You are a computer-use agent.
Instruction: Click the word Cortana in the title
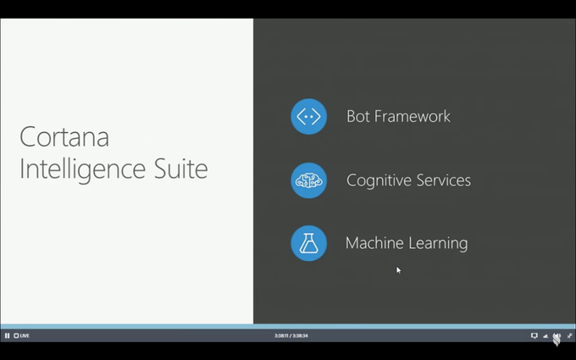click(x=64, y=136)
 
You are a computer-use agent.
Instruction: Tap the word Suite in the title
click(x=180, y=169)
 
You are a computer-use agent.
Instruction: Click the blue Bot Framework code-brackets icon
click(x=308, y=116)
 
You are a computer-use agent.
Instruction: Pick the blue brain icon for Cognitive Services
click(x=308, y=180)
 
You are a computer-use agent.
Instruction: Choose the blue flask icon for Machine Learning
click(x=308, y=243)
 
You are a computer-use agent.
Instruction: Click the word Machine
click(x=374, y=243)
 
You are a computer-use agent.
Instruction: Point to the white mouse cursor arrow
click(x=399, y=270)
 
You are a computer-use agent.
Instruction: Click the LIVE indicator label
click(x=22, y=335)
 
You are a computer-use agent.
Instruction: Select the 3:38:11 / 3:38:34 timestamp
click(x=291, y=335)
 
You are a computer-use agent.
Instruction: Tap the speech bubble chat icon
click(x=534, y=335)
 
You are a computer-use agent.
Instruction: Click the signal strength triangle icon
click(x=546, y=335)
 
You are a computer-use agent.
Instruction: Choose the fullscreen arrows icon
click(x=570, y=335)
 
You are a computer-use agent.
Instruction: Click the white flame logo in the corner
click(x=557, y=340)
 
